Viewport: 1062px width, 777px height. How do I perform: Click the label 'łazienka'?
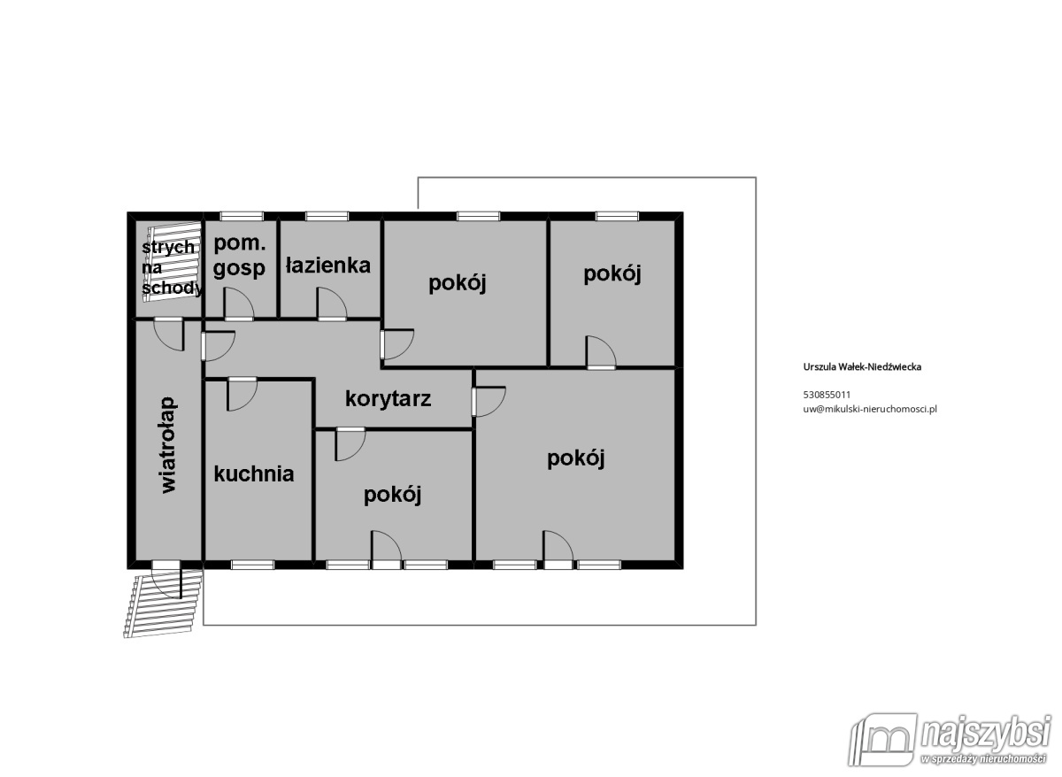click(328, 265)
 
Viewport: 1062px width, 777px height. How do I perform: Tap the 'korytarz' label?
click(389, 399)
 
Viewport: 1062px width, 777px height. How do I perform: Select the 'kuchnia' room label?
click(254, 474)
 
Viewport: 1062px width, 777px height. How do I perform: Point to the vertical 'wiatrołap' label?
click(169, 446)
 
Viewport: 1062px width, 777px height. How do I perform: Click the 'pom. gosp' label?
click(240, 257)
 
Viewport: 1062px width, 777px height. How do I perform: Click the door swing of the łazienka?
click(332, 304)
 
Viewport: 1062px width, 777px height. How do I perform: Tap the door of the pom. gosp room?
click(239, 304)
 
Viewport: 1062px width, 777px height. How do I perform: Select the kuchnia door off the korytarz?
click(242, 394)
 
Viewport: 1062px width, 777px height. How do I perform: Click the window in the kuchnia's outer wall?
click(253, 565)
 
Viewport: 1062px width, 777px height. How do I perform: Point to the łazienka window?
click(327, 216)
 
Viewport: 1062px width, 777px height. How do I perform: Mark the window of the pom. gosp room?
click(242, 216)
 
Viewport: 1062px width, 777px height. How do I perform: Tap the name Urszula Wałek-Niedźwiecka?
click(862, 367)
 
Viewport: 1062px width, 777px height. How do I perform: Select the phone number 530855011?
click(827, 395)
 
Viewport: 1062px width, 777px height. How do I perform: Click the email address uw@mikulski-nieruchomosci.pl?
click(870, 409)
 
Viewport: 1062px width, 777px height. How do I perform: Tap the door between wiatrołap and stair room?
click(169, 335)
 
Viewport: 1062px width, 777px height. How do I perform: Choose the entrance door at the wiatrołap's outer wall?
click(166, 580)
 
